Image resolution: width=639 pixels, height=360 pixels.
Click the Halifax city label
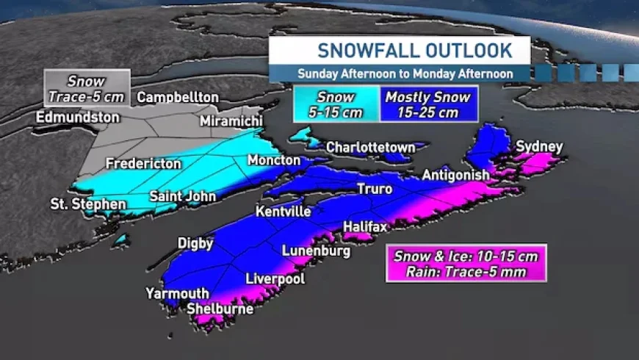[365, 227]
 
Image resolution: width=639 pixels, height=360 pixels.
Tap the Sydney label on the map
[539, 147]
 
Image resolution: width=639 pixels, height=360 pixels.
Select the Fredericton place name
[142, 164]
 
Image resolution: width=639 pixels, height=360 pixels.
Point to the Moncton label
[274, 160]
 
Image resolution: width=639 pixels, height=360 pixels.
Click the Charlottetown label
[370, 148]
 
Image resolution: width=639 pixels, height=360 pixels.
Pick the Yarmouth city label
[177, 294]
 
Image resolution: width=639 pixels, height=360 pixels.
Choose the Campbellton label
[178, 98]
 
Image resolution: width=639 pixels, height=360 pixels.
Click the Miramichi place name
[232, 120]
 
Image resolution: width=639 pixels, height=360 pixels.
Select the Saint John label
[183, 196]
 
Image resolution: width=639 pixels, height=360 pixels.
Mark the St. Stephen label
[87, 204]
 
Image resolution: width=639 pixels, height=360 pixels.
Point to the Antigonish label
[455, 176]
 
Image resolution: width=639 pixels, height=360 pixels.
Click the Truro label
[375, 190]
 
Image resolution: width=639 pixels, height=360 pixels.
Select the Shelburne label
[220, 309]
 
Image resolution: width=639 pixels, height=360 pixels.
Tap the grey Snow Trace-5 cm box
[87, 88]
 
